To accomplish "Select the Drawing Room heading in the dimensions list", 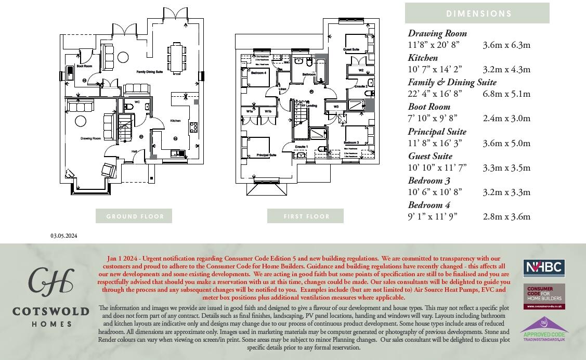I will [437, 34].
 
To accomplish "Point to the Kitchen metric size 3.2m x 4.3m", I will [506, 69].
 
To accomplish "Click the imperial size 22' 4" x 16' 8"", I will [435, 94].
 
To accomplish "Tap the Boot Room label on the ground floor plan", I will [84, 67].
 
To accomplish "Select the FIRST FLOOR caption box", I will [306, 216].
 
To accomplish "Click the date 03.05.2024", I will [64, 236].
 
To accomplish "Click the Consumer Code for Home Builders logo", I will [543, 297].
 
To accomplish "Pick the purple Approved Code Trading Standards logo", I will [543, 330].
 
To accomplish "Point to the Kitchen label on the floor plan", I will [176, 121].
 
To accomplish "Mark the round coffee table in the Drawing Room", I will [81, 121].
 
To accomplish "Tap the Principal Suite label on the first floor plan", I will [266, 155].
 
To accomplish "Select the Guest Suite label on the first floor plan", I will [351, 49].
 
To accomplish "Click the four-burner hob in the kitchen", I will [193, 127].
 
